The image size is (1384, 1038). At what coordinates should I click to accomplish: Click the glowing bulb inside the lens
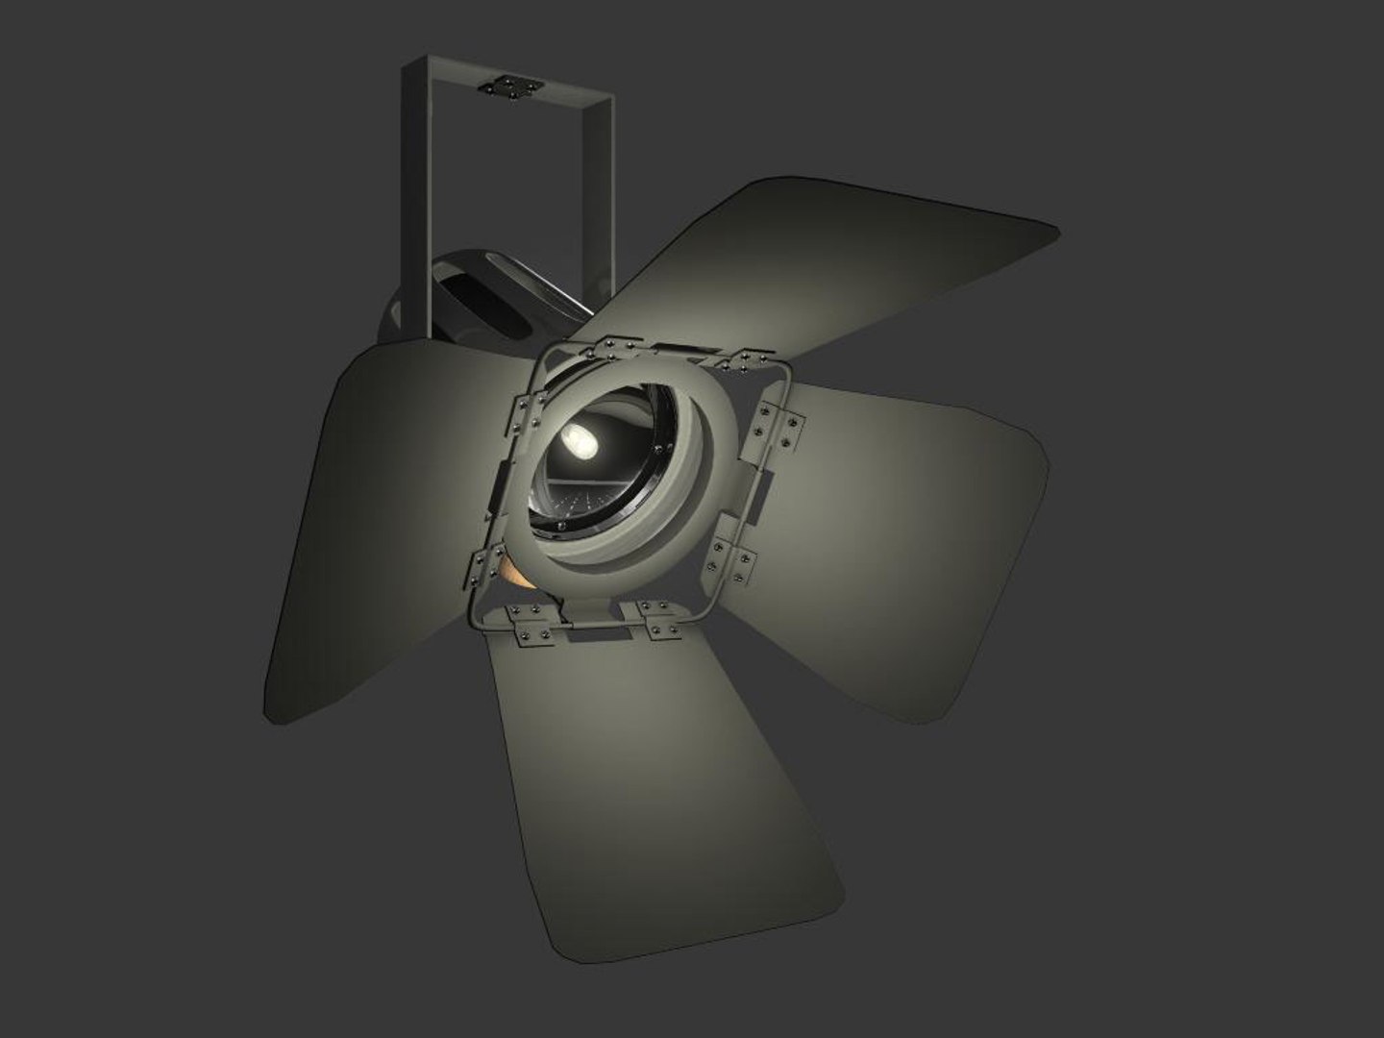pos(580,440)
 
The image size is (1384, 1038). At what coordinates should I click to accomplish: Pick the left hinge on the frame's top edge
pos(615,347)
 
